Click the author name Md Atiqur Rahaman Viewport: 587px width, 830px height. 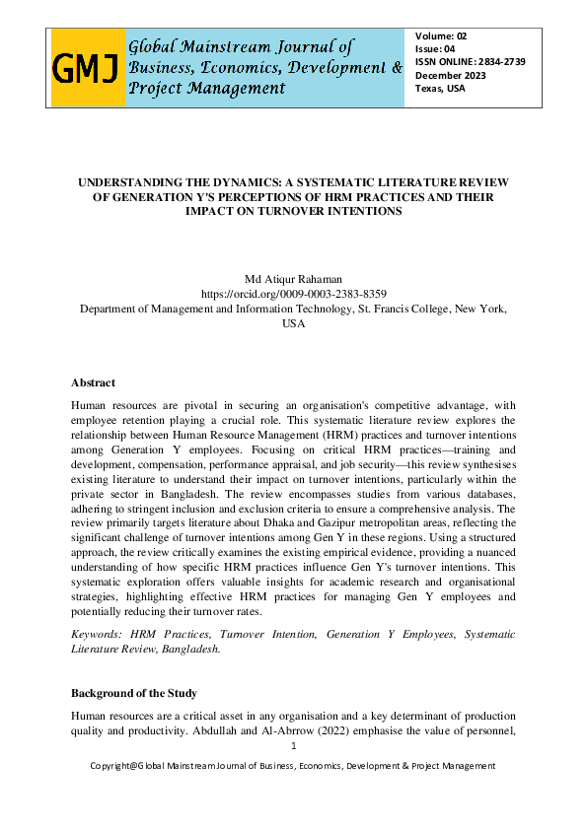(293, 279)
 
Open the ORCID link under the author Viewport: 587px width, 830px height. (293, 294)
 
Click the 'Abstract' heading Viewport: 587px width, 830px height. (93, 382)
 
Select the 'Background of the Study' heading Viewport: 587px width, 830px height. (135, 693)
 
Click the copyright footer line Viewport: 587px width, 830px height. (293, 766)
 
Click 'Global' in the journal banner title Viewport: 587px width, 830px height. (158, 46)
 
